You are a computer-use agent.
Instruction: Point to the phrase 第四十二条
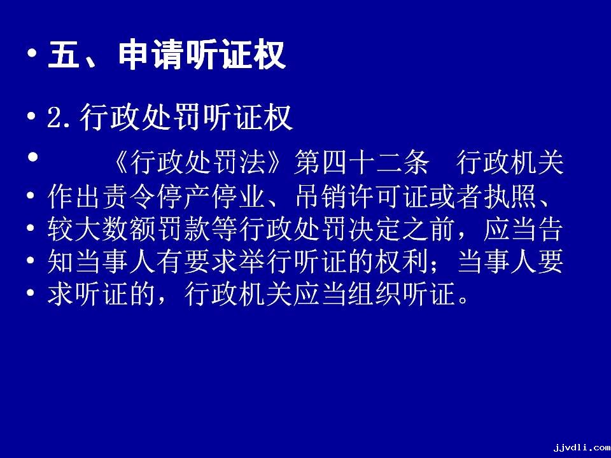pyautogui.click(x=362, y=162)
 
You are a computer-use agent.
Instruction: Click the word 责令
pyautogui.click(x=129, y=197)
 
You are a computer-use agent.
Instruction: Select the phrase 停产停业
pyautogui.click(x=211, y=197)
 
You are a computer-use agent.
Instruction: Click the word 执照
pyautogui.click(x=511, y=197)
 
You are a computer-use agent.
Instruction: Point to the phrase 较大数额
pyautogui.click(x=102, y=229)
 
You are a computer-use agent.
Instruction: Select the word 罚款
pyautogui.click(x=183, y=229)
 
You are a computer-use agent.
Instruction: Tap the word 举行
pyautogui.click(x=265, y=261)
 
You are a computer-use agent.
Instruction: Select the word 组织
pyautogui.click(x=374, y=294)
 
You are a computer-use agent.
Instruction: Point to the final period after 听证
pyautogui.click(x=463, y=301)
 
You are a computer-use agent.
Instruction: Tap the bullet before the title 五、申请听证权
pyautogui.click(x=32, y=52)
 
